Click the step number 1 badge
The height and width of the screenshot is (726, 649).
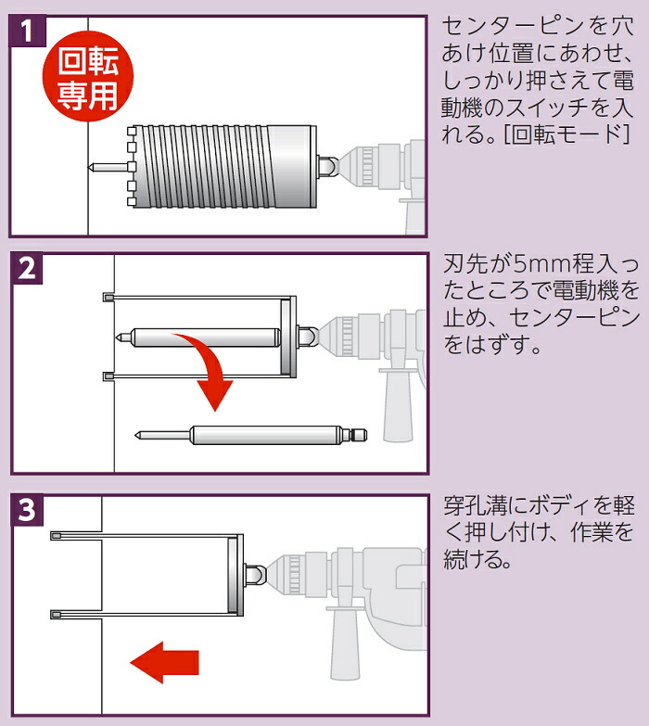[x=28, y=31]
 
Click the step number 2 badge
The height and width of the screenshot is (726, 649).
[x=28, y=268]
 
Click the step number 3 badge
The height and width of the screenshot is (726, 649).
[x=28, y=510]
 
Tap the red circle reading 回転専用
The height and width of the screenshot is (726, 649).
[x=88, y=76]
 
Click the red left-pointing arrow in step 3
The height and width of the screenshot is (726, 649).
[x=164, y=663]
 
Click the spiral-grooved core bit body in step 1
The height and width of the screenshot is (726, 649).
[x=223, y=166]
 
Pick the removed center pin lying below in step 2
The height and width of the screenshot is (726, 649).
[x=251, y=435]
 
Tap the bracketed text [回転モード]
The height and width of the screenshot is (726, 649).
[x=567, y=134]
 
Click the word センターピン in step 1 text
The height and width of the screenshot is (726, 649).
[x=514, y=26]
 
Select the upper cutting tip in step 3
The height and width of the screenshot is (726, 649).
[x=56, y=536]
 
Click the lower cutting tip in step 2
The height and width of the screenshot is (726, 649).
[x=108, y=376]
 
